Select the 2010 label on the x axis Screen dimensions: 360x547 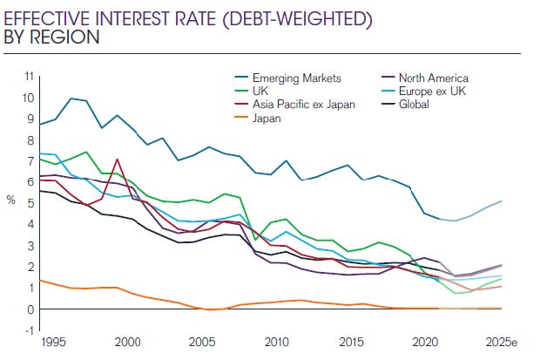click(275, 343)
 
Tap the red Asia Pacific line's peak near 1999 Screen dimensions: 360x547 click(117, 160)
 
